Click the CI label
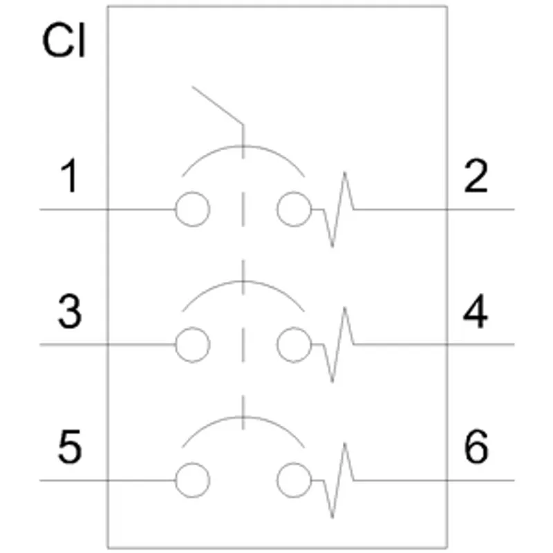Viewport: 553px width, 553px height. pos(64,40)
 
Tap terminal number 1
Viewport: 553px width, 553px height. pos(70,176)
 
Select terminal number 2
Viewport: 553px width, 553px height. pos(476,176)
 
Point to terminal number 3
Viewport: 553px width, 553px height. pos(70,312)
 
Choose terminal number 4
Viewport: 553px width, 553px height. pos(476,311)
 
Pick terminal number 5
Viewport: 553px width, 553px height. pos(70,447)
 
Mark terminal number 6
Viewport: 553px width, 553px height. pos(476,446)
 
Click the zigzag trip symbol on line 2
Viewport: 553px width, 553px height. pos(339,209)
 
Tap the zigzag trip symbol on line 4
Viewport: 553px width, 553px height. pos(339,344)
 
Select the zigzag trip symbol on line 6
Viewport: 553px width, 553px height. pos(339,480)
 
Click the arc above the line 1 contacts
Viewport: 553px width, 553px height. pos(243,146)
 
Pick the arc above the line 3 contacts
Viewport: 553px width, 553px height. pos(243,281)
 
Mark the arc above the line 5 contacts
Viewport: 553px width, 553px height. pos(243,418)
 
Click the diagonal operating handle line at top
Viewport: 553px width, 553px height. pos(218,105)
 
